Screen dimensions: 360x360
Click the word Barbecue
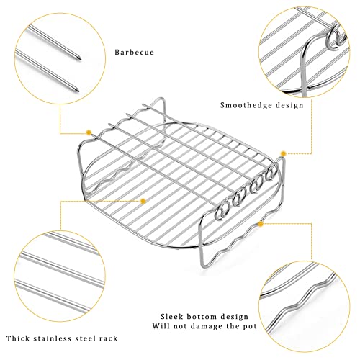tap(134, 52)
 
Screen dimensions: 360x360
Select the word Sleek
tap(171, 316)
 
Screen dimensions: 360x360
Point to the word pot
tap(250, 326)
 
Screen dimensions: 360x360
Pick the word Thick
tap(18, 338)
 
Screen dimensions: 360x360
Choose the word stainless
tap(53, 338)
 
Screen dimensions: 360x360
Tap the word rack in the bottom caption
tap(109, 338)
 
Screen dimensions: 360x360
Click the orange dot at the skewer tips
tap(89, 132)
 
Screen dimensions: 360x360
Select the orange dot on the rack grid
tap(143, 201)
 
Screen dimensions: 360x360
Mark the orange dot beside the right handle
tap(283, 153)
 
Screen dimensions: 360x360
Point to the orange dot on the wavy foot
tap(261, 224)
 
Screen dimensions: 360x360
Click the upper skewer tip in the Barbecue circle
tap(80, 58)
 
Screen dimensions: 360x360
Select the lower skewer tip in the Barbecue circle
tap(78, 90)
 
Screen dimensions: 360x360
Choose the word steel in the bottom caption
tap(85, 338)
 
